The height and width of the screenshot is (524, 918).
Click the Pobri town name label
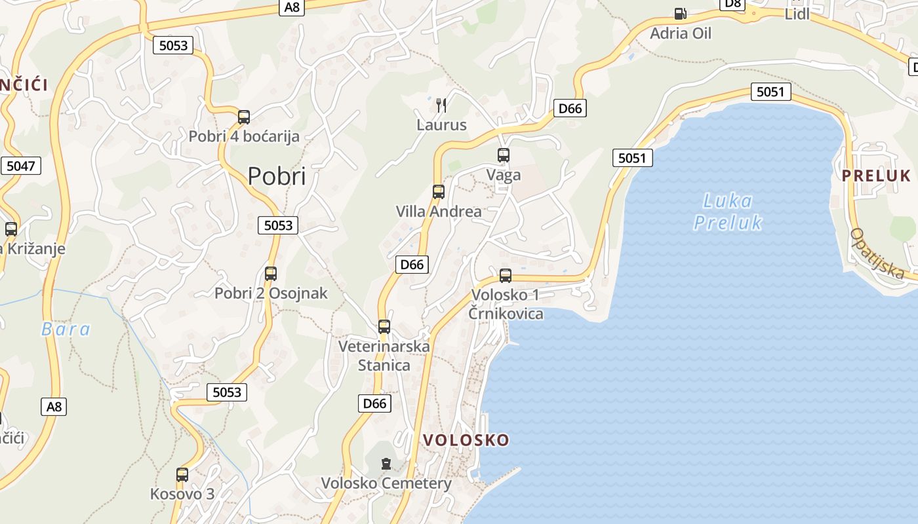coord(277,176)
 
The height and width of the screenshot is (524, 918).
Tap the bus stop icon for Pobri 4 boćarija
coord(244,117)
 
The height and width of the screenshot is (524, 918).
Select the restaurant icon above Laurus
coord(441,105)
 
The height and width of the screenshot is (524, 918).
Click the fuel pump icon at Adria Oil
coord(681,13)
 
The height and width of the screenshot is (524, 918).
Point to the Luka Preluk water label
coord(728,211)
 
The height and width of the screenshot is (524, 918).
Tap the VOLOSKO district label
coord(466,440)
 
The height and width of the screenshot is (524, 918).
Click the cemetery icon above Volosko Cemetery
coord(386,464)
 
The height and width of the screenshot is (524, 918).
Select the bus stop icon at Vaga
coord(504,155)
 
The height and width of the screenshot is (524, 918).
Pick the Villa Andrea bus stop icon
coord(439,192)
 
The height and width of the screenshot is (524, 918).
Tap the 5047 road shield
coord(20,166)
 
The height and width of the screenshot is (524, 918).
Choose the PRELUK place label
coord(877,176)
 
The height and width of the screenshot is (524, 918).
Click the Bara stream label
coord(66,329)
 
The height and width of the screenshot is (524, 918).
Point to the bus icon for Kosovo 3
coord(182,474)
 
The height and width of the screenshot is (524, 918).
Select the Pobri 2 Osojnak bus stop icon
coord(271,274)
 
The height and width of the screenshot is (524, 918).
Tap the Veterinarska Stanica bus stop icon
coord(384,326)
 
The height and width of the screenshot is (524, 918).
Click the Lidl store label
coord(797,14)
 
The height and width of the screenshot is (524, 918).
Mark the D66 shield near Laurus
coord(570,108)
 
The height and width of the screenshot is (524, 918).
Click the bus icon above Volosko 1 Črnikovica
coord(506,276)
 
